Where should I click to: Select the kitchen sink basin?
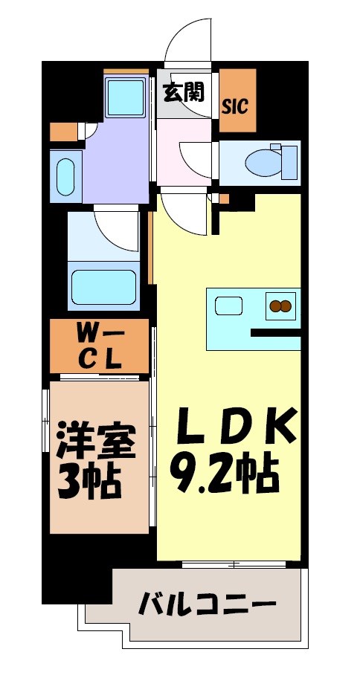pyautogui.click(x=226, y=306)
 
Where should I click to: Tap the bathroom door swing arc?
pyautogui.click(x=115, y=230)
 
